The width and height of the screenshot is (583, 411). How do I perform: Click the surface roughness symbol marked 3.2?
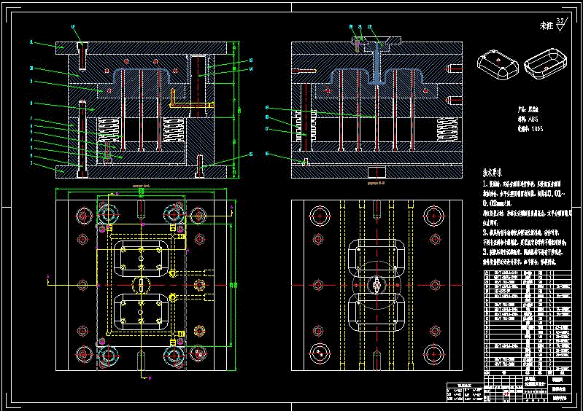560,25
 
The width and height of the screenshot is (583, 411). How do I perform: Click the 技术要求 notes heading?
497,173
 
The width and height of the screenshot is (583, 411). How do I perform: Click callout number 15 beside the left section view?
250,154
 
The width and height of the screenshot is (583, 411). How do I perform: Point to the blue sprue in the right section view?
377,62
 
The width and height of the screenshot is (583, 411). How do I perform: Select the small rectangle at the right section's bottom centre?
376,172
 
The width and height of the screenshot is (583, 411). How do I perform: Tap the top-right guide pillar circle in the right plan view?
435,215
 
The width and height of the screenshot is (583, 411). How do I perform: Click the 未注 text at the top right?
547,26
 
